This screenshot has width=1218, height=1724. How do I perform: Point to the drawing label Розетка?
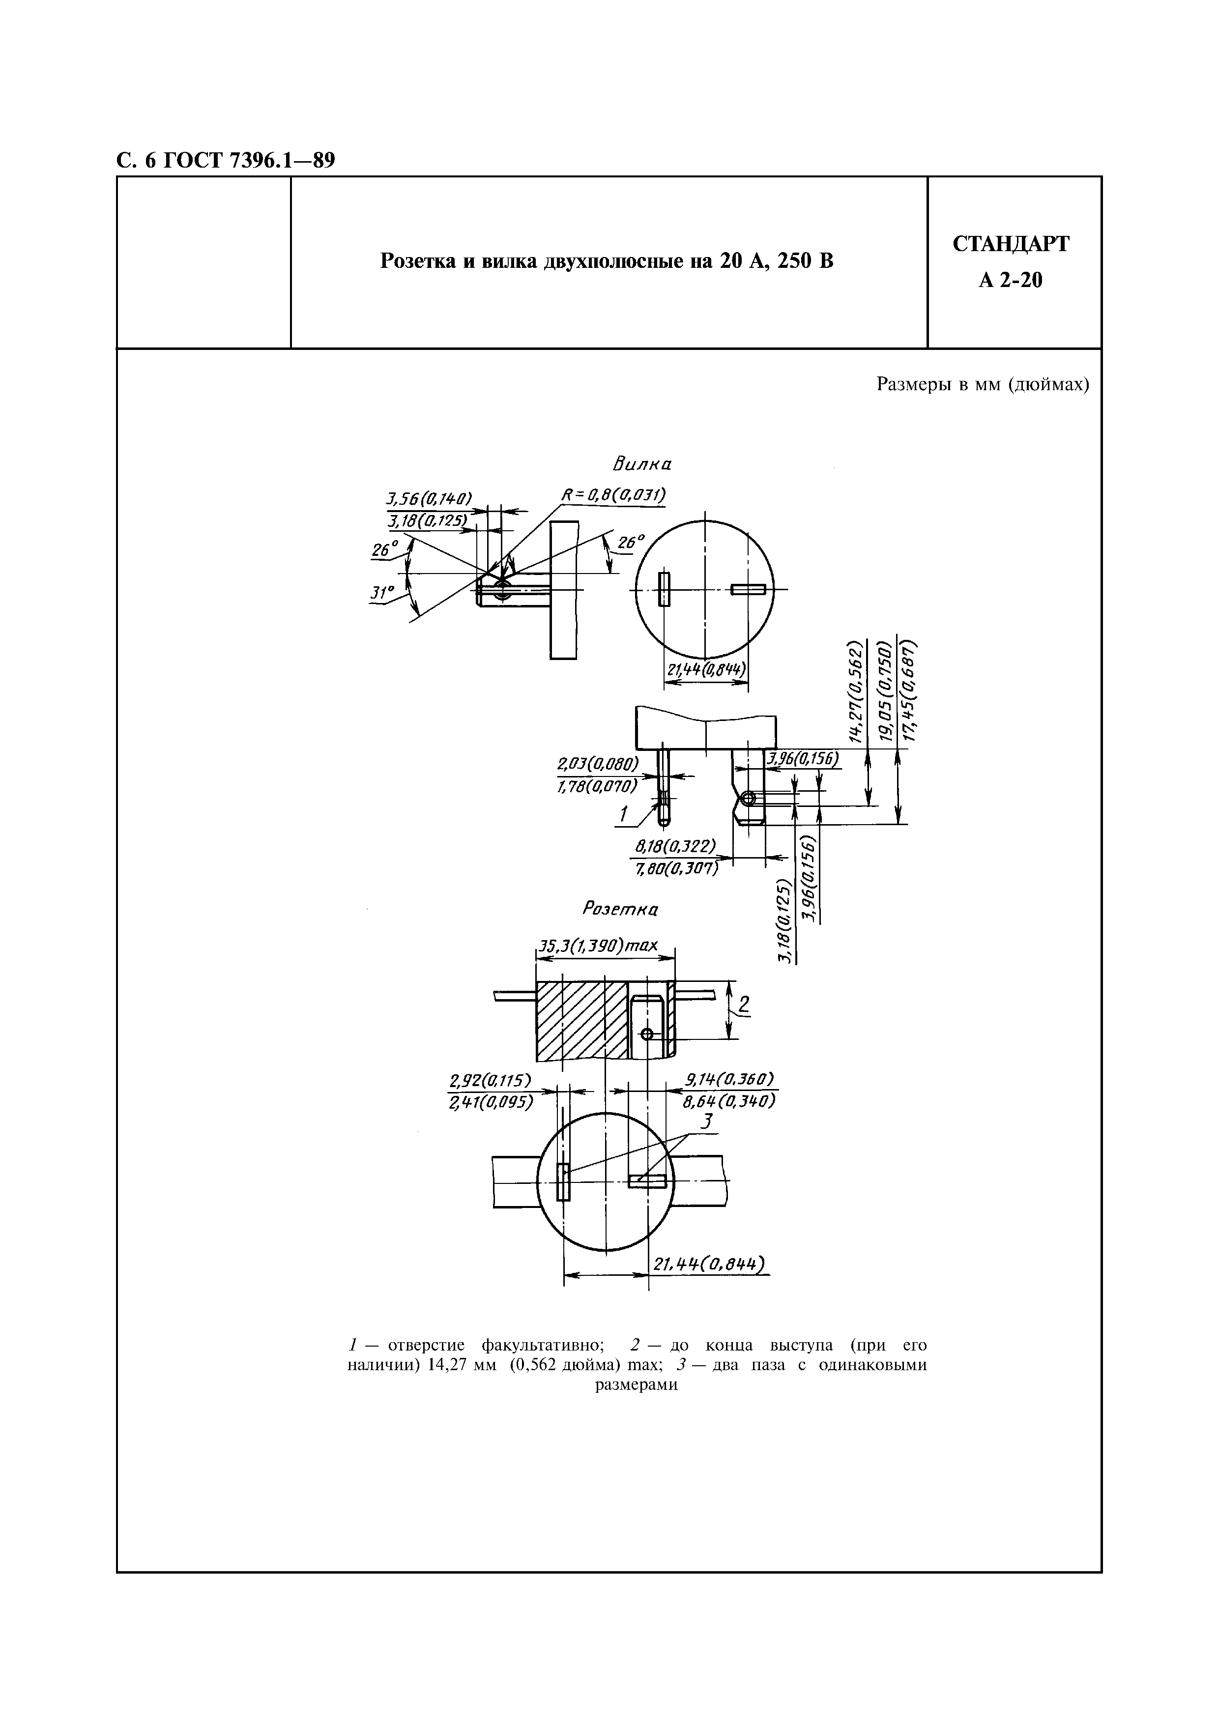[x=620, y=909]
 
